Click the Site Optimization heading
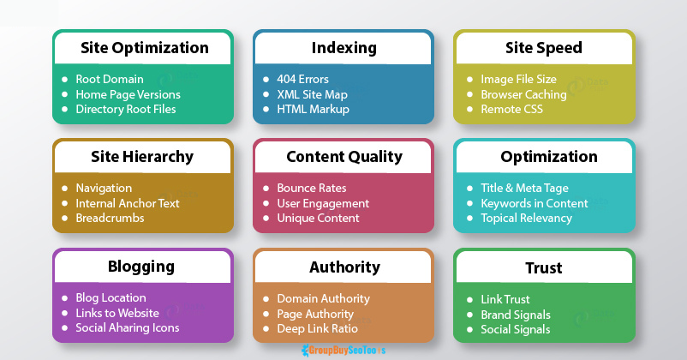[144, 48]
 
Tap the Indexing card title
[343, 48]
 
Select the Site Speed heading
[544, 48]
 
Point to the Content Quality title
[343, 157]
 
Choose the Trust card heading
[544, 267]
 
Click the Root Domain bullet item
[110, 79]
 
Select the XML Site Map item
[313, 94]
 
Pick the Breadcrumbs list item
[110, 218]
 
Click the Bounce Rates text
[311, 188]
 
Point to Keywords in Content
[535, 203]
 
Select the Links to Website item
[117, 313]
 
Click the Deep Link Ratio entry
[317, 328]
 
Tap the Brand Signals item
[516, 314]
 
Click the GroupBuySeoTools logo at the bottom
[343, 350]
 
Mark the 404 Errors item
[302, 79]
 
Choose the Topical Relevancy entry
[526, 218]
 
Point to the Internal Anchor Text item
[128, 203]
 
